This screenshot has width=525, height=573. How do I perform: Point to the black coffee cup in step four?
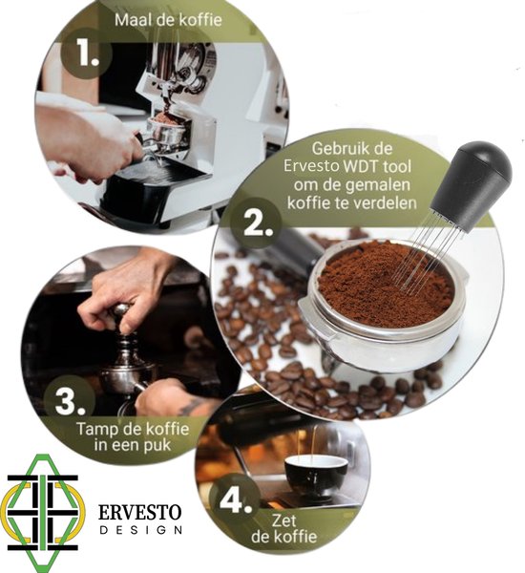[x=316, y=473]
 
